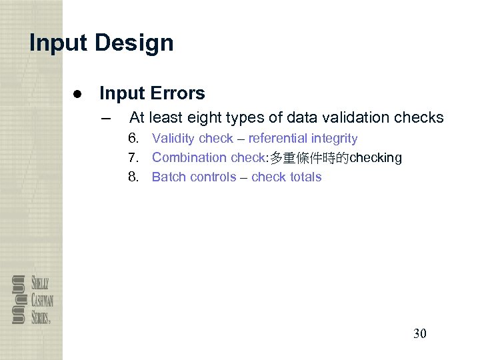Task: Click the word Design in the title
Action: [134, 43]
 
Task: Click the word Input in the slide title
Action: [59, 43]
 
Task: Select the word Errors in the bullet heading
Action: [178, 93]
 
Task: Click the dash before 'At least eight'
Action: [103, 119]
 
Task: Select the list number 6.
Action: [134, 139]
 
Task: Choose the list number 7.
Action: [134, 158]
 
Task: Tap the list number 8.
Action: [134, 177]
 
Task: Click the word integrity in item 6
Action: [335, 139]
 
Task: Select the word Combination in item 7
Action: [189, 158]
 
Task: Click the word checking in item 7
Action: [376, 158]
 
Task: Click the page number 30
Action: [419, 333]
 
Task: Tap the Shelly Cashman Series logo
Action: [31, 299]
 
